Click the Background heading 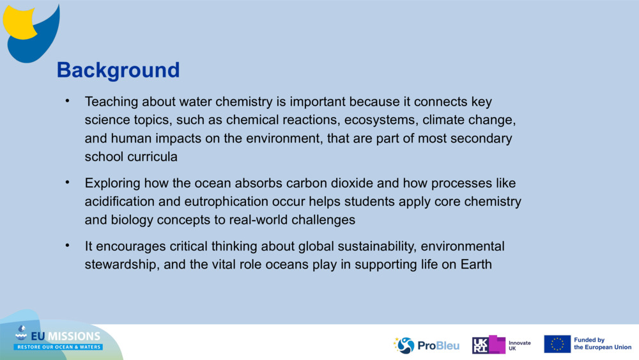click(118, 70)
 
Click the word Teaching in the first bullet click(111, 102)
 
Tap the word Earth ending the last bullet click(476, 264)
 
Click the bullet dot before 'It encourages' click(68, 246)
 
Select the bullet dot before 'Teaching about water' click(68, 100)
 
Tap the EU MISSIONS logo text click(66, 336)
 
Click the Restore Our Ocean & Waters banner click(58, 347)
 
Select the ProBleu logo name click(438, 346)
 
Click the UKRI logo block click(489, 345)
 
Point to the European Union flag click(557, 344)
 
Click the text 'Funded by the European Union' click(603, 343)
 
